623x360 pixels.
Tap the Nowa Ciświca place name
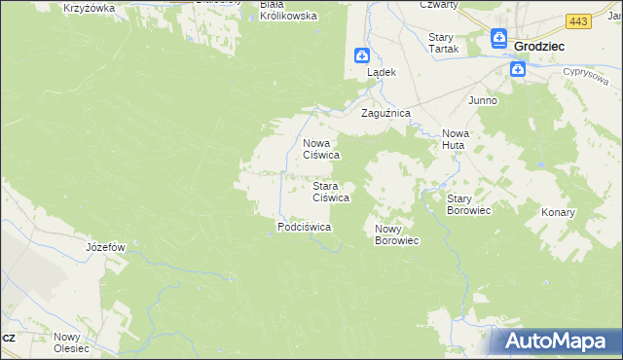320,148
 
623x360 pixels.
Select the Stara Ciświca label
330,191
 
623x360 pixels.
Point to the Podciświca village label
305,227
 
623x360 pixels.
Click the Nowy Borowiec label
396,234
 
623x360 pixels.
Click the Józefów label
106,247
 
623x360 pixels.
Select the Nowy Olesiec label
71,342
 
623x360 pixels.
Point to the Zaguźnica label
386,114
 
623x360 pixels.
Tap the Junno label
483,100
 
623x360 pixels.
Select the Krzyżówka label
89,8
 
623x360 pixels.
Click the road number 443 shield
578,20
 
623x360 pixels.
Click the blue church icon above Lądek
361,55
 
